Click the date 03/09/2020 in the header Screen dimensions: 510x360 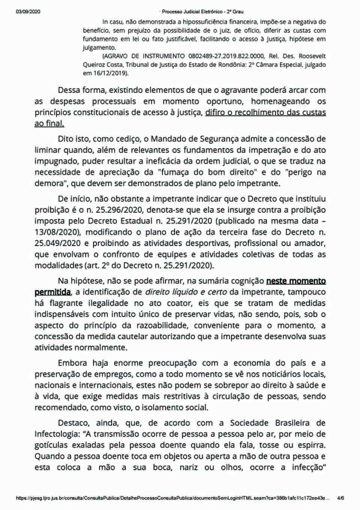tap(28, 12)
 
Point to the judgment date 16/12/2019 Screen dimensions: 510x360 tap(110, 74)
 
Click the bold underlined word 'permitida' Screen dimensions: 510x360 tap(52, 292)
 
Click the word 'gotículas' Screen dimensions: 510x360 tap(52, 445)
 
